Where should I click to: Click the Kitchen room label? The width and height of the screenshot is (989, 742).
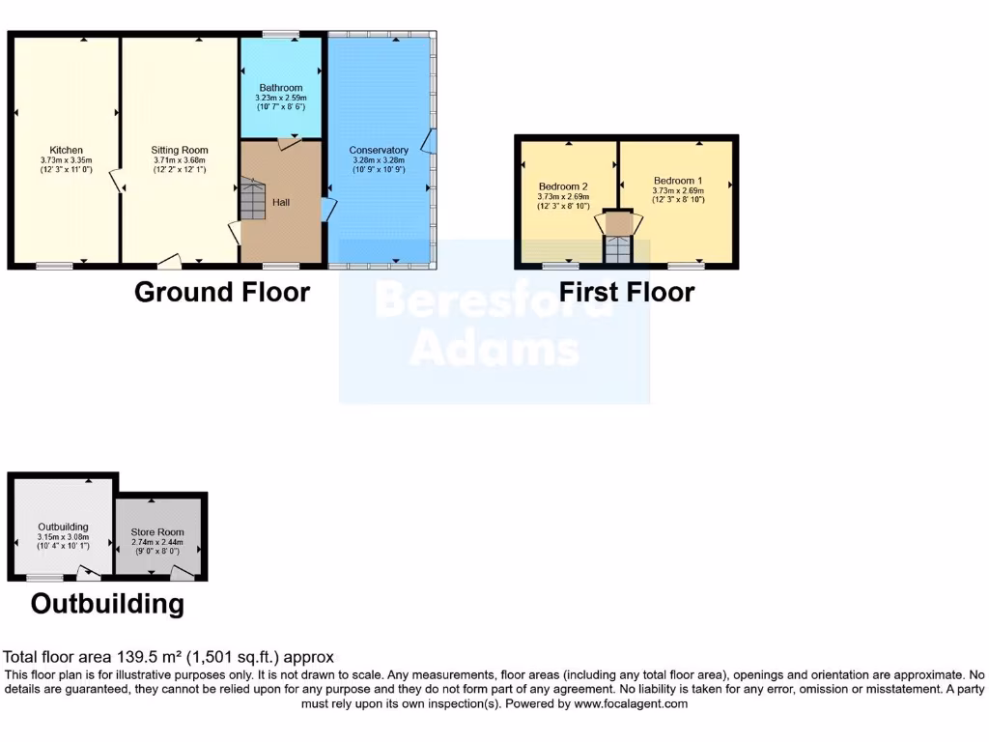[x=66, y=150]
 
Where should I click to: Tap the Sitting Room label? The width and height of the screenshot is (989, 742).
[x=180, y=150]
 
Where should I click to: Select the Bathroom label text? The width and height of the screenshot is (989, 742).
[x=280, y=88]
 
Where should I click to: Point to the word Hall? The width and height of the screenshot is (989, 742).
[x=281, y=203]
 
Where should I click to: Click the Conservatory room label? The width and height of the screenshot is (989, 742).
[x=379, y=150]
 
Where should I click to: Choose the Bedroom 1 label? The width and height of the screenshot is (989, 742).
[x=678, y=181]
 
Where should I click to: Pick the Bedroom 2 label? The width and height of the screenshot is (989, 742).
[x=563, y=186]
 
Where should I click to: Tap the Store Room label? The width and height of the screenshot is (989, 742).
[x=157, y=532]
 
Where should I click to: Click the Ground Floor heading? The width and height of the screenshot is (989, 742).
[x=222, y=292]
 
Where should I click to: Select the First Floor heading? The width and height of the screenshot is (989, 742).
[x=627, y=292]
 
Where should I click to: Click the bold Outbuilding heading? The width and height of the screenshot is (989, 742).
[x=107, y=605]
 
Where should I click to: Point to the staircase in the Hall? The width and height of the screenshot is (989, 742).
[x=252, y=201]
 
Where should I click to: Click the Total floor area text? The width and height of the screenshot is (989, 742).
[x=169, y=658]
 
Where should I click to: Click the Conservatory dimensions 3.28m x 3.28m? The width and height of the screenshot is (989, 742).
[x=379, y=161]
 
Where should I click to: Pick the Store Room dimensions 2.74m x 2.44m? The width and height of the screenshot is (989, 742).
[x=157, y=543]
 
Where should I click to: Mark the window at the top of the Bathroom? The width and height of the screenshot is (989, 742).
[x=280, y=36]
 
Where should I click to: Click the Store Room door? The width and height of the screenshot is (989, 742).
[x=181, y=574]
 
